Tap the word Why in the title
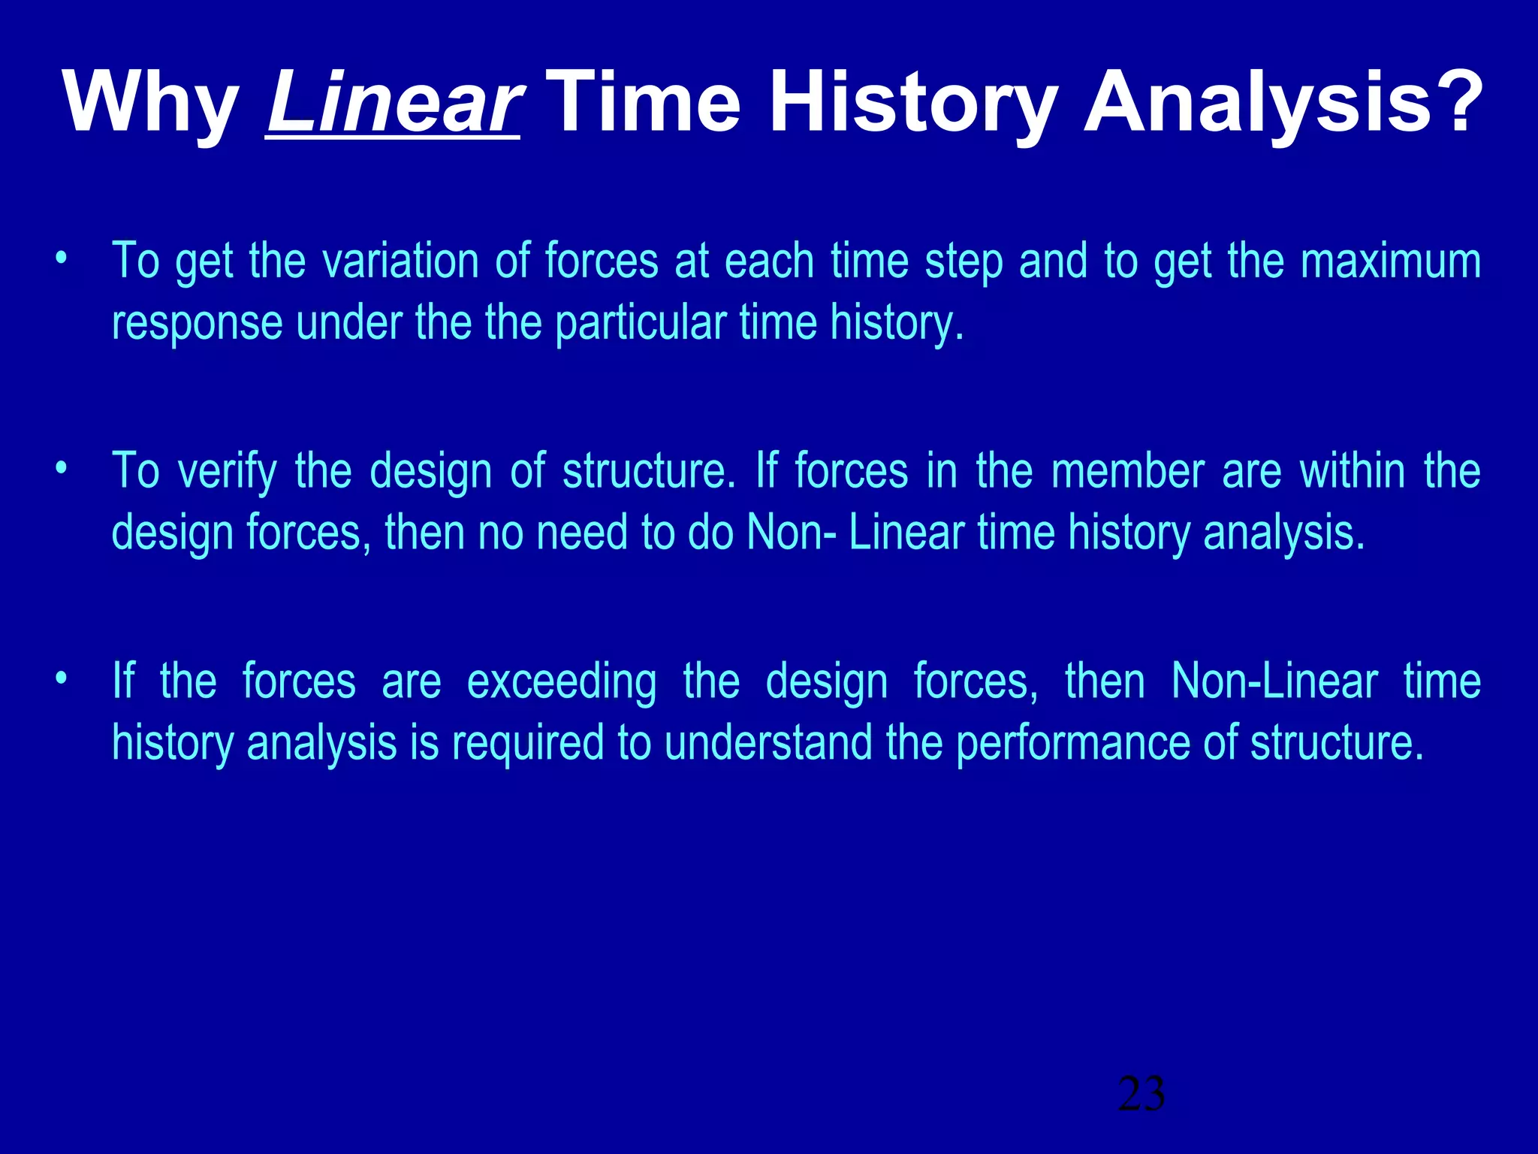(x=150, y=104)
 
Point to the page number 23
(x=1141, y=1094)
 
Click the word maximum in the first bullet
(x=1390, y=261)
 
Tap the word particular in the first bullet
(x=641, y=324)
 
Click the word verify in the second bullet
(x=227, y=473)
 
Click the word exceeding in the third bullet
(x=561, y=683)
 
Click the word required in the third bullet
(x=528, y=744)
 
